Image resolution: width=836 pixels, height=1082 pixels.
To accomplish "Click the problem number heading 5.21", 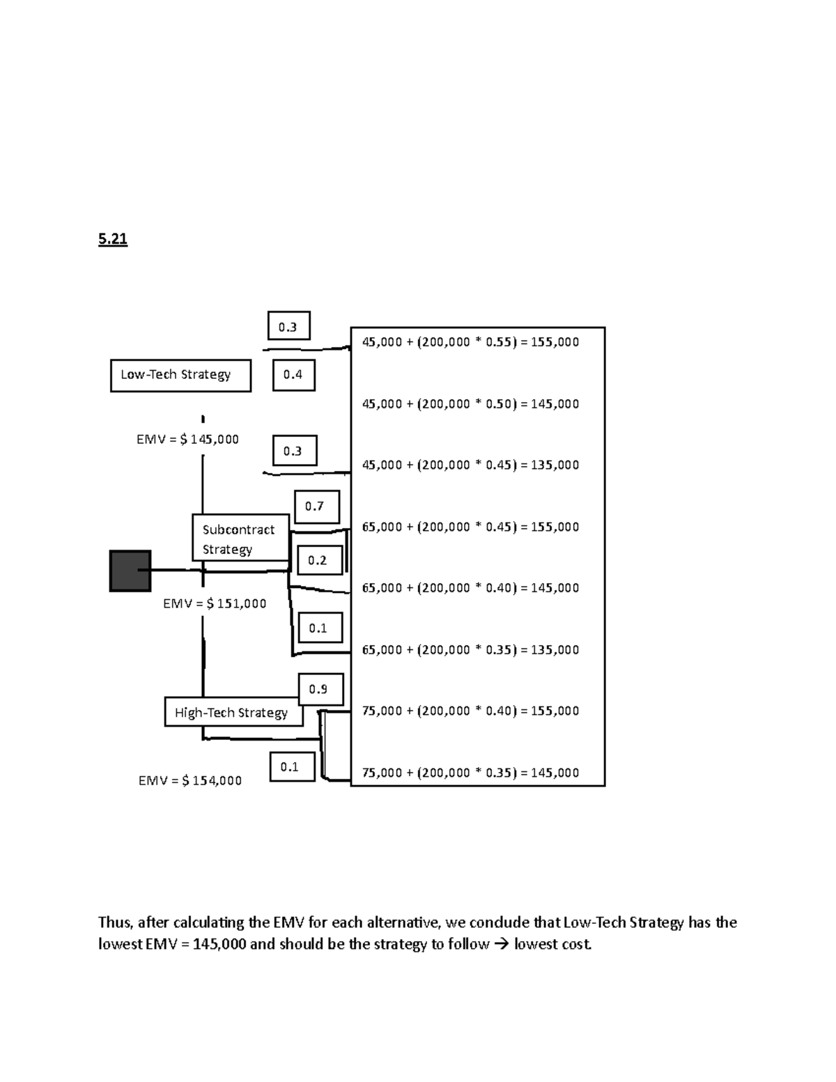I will pos(113,240).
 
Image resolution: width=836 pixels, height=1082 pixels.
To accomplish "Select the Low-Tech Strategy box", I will pos(180,376).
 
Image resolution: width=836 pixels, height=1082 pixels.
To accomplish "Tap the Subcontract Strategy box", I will pos(240,539).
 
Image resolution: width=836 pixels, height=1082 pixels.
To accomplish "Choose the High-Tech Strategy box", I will pos(233,712).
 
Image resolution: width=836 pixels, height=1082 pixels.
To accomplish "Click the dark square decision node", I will pos(130,571).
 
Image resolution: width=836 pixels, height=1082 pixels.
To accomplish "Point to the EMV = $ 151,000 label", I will pos(215,604).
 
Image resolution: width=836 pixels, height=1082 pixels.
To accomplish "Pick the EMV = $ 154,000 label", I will pos(190,781).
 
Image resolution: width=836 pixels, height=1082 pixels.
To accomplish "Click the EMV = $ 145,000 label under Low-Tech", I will pos(187,440).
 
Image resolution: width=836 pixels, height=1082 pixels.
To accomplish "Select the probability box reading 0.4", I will pos(293,375).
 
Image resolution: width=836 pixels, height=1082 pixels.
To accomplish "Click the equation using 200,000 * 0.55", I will pos(470,342).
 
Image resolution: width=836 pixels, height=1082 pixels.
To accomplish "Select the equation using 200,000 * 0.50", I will pos(470,404).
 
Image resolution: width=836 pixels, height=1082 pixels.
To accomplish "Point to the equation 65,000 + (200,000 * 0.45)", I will pos(470,527).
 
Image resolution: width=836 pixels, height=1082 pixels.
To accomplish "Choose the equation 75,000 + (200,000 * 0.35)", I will pos(470,773).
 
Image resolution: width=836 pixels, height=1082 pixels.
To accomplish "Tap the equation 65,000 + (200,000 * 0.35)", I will pos(470,650).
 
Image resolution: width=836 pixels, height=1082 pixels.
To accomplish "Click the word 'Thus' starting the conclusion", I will pos(114,923).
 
